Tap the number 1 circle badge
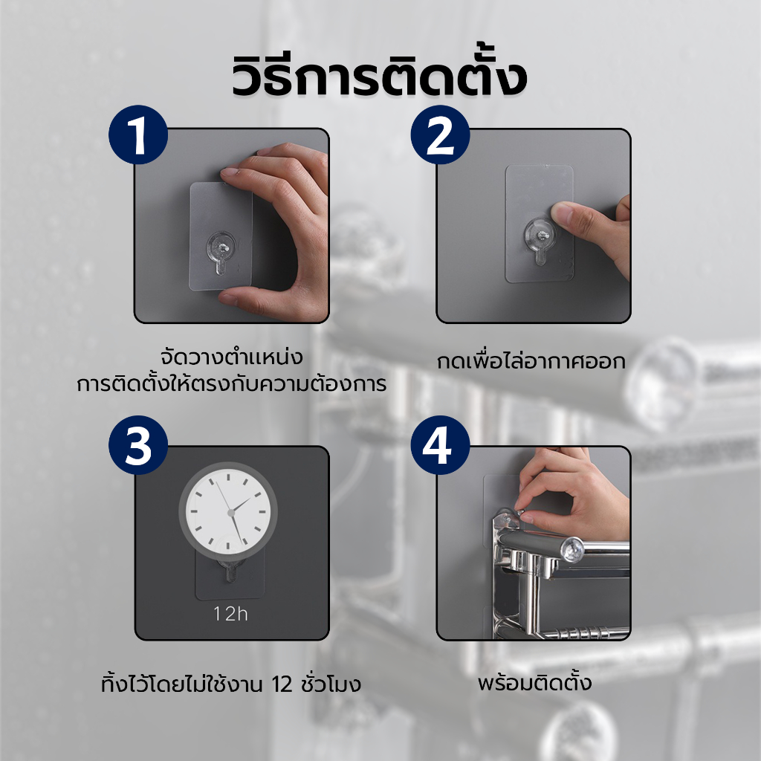click(x=138, y=135)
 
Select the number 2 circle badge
click(x=440, y=135)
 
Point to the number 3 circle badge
click(x=138, y=445)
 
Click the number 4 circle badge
click(x=440, y=445)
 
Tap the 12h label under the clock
click(x=230, y=614)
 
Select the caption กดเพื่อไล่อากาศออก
click(x=531, y=362)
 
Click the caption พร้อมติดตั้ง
click(x=534, y=682)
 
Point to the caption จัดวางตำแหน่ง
click(x=232, y=357)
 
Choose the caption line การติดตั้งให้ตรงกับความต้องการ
click(x=232, y=383)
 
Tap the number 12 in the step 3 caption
click(x=282, y=684)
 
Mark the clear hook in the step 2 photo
click(x=540, y=240)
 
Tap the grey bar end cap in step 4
click(x=571, y=550)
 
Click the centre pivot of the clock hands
click(x=231, y=513)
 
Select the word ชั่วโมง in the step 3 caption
click(x=331, y=684)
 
